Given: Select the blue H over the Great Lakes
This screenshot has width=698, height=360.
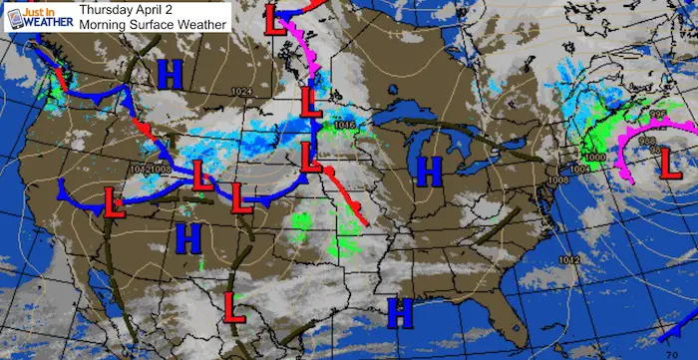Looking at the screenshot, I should tap(430, 171).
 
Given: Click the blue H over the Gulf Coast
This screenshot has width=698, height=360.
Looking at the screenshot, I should tap(400, 312).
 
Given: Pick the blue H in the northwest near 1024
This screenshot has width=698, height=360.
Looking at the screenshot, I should tap(170, 73).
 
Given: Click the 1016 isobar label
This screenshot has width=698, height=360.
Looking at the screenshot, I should tap(345, 125).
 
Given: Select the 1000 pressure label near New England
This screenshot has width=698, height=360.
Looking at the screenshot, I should tap(594, 158).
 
